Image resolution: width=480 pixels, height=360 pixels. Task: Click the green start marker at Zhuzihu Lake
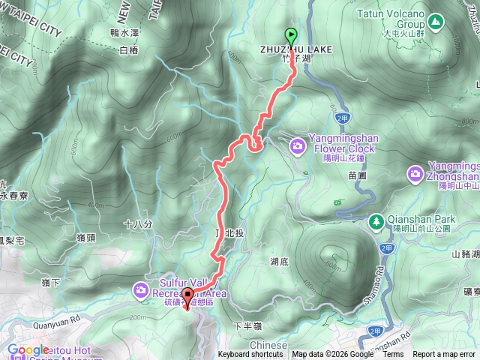[x=290, y=35]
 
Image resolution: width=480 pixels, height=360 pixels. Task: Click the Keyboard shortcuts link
[x=250, y=355]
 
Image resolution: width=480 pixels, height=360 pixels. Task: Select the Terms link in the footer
[x=393, y=355]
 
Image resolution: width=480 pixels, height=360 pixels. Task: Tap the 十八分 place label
[x=137, y=224]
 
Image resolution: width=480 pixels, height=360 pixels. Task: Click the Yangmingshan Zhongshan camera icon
[x=415, y=174]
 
